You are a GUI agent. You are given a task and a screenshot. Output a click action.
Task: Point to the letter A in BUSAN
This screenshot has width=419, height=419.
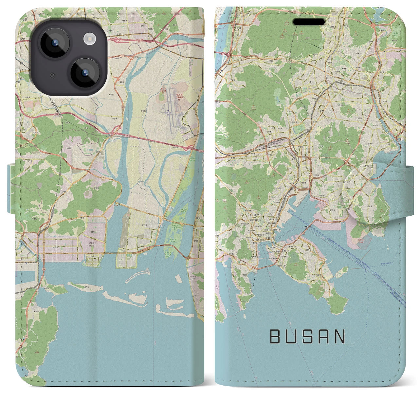tap(324, 337)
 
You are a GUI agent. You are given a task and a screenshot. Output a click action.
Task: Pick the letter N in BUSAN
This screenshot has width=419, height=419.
tap(340, 337)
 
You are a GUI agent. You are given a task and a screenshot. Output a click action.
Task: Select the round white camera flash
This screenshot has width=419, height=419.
tap(89, 40)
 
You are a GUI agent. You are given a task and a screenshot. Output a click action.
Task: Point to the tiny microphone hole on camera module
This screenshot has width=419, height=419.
tap(52, 75)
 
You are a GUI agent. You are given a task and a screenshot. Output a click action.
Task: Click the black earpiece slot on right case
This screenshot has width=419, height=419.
tap(309, 22)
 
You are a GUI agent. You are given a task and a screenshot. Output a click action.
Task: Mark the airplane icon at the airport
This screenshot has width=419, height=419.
tap(168, 111)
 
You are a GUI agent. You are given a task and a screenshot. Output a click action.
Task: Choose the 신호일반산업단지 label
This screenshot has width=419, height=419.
tap(95, 244)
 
